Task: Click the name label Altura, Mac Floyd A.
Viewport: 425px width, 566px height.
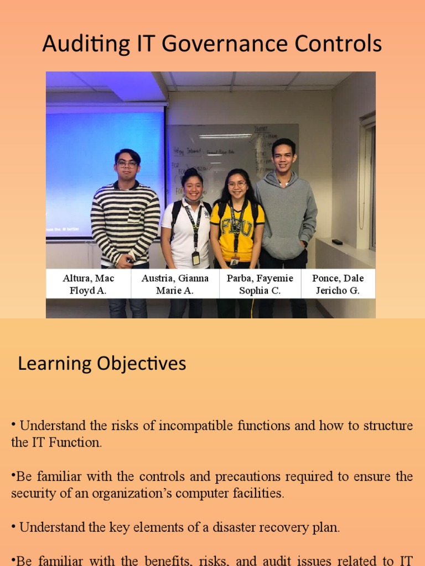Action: click(x=89, y=284)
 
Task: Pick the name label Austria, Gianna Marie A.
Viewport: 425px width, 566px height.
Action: click(x=175, y=284)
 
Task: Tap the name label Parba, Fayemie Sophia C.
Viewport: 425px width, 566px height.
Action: click(x=260, y=284)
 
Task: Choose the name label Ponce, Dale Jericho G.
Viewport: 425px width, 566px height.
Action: click(x=338, y=284)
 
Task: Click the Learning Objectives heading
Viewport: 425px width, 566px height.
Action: click(x=102, y=364)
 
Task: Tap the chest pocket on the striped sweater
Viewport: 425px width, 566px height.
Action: click(x=137, y=213)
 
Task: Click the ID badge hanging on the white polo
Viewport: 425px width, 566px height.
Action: click(x=196, y=258)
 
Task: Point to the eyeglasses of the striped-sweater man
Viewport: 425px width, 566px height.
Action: click(x=127, y=164)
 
